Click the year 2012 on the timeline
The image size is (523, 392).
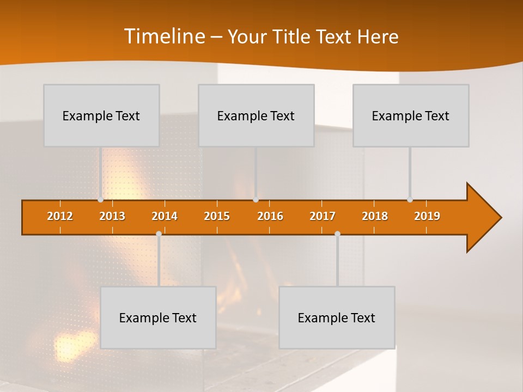pyautogui.click(x=60, y=216)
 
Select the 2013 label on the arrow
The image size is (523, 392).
pyautogui.click(x=112, y=216)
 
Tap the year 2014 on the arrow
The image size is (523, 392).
pyautogui.click(x=165, y=216)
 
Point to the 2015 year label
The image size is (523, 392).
pyautogui.click(x=217, y=216)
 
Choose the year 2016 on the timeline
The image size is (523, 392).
pyautogui.click(x=270, y=216)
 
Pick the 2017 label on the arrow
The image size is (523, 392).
pyautogui.click(x=323, y=216)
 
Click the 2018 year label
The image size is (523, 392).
pyautogui.click(x=375, y=216)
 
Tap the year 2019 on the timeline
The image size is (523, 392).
pyautogui.click(x=427, y=216)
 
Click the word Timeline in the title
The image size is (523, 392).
pyautogui.click(x=163, y=36)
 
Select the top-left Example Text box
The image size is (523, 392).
pyautogui.click(x=101, y=115)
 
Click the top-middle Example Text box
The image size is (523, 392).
pyautogui.click(x=256, y=115)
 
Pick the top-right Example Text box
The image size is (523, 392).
pyautogui.click(x=411, y=115)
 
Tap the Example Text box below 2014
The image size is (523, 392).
pyautogui.click(x=158, y=317)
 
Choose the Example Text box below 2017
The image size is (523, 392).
pyautogui.click(x=337, y=317)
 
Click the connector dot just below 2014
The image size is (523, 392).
pyautogui.click(x=159, y=234)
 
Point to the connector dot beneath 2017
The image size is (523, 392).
pyautogui.click(x=337, y=234)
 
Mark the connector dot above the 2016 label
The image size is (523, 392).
pyautogui.click(x=256, y=200)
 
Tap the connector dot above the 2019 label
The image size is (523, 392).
pyautogui.click(x=410, y=200)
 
